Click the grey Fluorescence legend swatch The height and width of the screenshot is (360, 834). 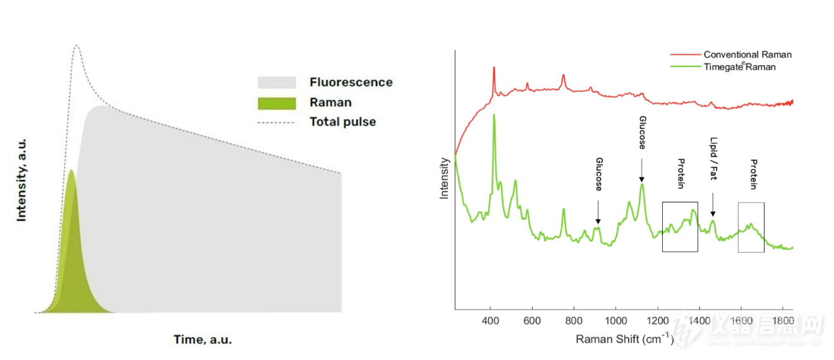[276, 83]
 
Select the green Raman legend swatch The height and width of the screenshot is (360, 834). [276, 102]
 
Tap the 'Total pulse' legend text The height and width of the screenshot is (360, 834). [342, 122]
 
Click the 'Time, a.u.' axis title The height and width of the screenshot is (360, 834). [203, 340]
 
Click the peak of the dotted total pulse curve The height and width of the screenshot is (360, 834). [77, 46]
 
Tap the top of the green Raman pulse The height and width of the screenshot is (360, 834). [71, 171]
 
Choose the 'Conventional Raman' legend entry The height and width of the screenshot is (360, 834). [747, 54]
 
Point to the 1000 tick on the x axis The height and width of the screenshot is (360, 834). [616, 320]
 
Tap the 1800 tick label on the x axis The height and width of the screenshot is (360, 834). [783, 320]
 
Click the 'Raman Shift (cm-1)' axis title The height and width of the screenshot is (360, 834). [624, 340]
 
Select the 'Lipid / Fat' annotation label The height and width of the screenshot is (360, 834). [714, 159]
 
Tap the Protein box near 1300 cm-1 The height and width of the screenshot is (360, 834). [680, 227]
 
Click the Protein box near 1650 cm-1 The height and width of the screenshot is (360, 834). [751, 227]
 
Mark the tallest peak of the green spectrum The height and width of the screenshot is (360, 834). [493, 115]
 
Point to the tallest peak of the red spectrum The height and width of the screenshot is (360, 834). [493, 67]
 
